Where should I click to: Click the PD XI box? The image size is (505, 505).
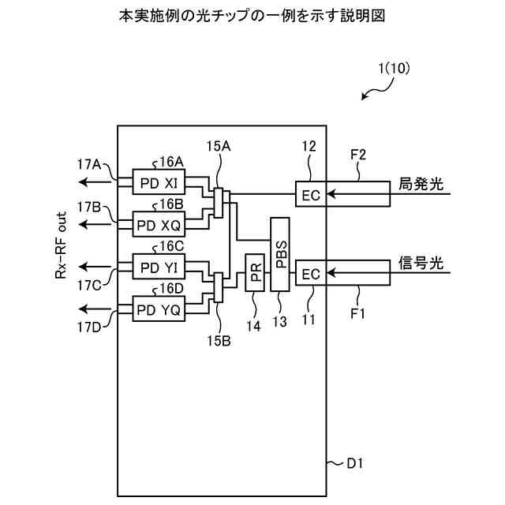click(159, 181)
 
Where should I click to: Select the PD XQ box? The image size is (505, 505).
click(159, 224)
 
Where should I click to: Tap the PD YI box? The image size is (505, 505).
click(159, 267)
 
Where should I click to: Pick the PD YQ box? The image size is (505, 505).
click(159, 309)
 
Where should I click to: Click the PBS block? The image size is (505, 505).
click(280, 254)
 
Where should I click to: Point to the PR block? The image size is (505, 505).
click(255, 272)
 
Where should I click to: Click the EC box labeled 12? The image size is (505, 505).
click(311, 194)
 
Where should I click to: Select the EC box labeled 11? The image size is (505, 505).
click(311, 273)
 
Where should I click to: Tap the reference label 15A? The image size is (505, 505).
click(219, 147)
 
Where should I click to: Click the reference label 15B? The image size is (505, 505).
click(219, 341)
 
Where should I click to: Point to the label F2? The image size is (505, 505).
click(358, 155)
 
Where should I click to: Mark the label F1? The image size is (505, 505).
click(357, 313)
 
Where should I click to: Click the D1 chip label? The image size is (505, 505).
click(355, 463)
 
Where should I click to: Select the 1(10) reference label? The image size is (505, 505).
click(395, 69)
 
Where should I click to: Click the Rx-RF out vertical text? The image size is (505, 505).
click(61, 245)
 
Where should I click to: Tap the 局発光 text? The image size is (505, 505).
click(421, 184)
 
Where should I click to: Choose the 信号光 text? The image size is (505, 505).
click(421, 263)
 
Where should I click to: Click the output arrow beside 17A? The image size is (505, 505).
click(95, 182)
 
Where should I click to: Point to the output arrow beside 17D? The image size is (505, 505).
click(95, 309)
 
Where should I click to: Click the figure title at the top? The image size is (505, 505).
click(252, 15)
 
